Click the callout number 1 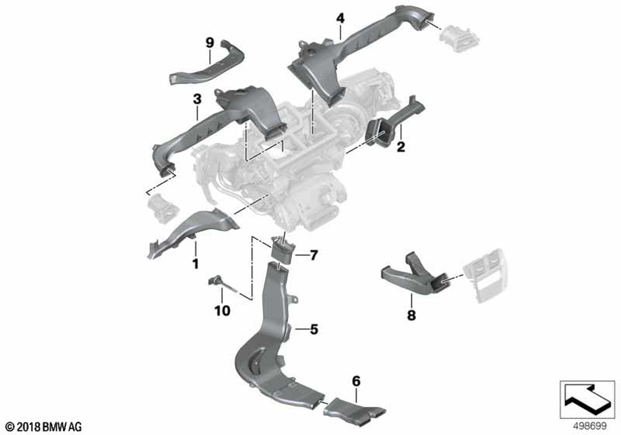pyautogui.click(x=195, y=264)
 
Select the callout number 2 pyautogui.click(x=401, y=147)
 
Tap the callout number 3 pyautogui.click(x=197, y=99)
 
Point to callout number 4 pyautogui.click(x=340, y=18)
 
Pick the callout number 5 pyautogui.click(x=314, y=329)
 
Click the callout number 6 pyautogui.click(x=356, y=380)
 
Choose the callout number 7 pyautogui.click(x=314, y=255)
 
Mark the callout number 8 pyautogui.click(x=411, y=315)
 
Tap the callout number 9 pyautogui.click(x=209, y=42)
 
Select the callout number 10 pyautogui.click(x=222, y=309)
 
